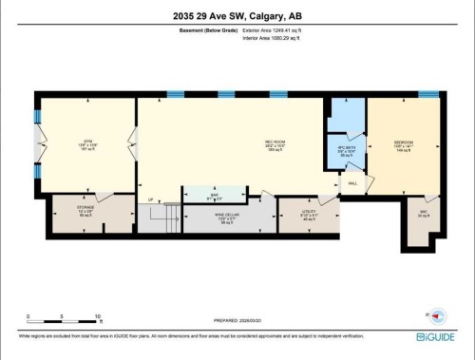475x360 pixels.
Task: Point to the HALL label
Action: [x=352, y=182]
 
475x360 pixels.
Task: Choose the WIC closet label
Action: [x=423, y=212]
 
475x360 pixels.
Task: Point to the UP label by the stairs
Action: [x=149, y=199]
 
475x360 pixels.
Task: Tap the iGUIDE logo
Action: [x=435, y=335]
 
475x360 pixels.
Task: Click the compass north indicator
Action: [x=437, y=316]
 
